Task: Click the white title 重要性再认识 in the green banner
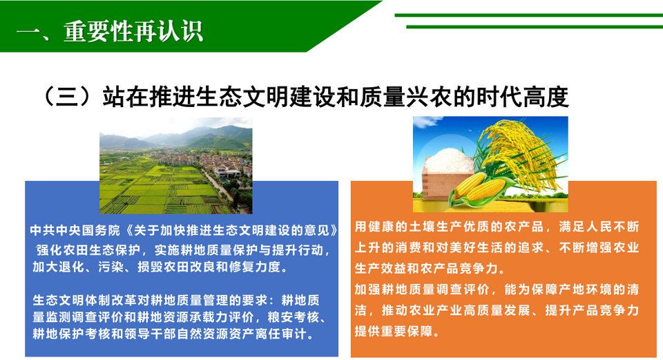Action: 133,31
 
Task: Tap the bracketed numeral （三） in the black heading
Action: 68,97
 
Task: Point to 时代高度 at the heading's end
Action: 523,97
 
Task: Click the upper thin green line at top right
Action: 528,15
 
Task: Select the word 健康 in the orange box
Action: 374,227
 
